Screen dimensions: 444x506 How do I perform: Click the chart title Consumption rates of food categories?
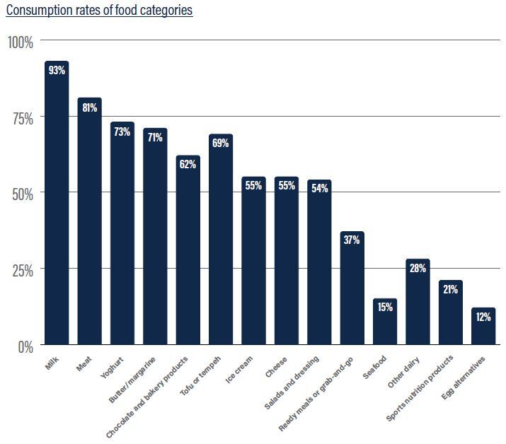[99, 11]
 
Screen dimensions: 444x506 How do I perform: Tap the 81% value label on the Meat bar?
[90, 108]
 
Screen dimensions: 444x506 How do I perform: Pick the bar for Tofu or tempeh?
[221, 240]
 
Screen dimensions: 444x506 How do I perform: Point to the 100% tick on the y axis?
[21, 42]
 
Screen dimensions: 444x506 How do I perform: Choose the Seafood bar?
[385, 322]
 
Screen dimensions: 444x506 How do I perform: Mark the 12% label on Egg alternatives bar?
[483, 317]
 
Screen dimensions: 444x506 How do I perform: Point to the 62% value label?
[188, 164]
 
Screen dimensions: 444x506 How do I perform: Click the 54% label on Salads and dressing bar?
[319, 189]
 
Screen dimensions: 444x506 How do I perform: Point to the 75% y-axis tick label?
[21, 118]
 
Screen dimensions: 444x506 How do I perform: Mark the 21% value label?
[451, 289]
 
